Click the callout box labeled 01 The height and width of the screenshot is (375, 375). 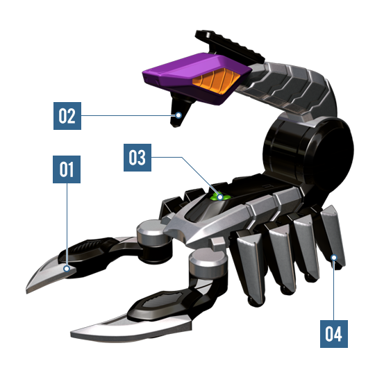pyautogui.click(x=67, y=169)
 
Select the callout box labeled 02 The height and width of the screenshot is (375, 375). pyautogui.click(x=67, y=116)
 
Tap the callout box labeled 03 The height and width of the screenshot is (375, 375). pyautogui.click(x=137, y=158)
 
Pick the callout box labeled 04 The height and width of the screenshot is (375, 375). pyautogui.click(x=334, y=334)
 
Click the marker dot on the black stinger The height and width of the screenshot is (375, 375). pyautogui.click(x=178, y=115)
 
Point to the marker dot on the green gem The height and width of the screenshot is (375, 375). pyautogui.click(x=220, y=197)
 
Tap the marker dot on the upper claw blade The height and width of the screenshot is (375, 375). pyautogui.click(x=67, y=269)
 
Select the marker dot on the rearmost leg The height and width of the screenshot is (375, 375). pyautogui.click(x=334, y=258)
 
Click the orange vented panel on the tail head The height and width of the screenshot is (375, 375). pyautogui.click(x=215, y=81)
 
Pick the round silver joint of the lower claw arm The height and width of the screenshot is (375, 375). pyautogui.click(x=208, y=260)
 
